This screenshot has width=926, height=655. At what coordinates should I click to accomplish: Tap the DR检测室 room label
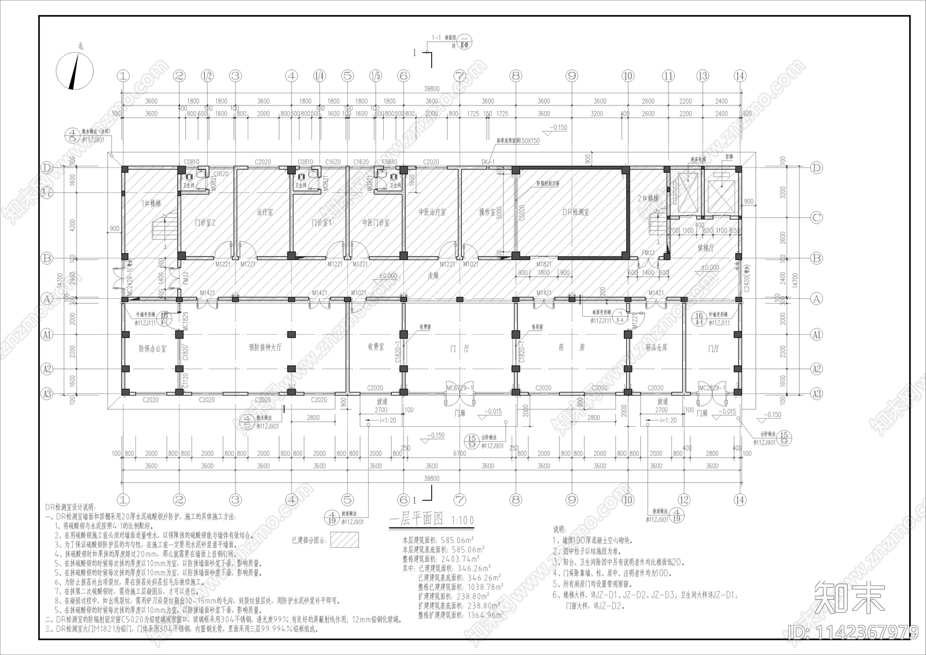[575, 212]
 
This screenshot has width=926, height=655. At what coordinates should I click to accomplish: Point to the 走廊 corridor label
[432, 276]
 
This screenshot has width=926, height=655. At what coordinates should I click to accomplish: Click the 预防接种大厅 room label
[265, 348]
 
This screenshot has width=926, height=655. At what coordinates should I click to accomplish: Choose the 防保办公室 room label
[152, 349]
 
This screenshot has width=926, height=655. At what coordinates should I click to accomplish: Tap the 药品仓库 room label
[656, 347]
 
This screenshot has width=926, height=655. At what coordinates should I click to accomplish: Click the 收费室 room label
[376, 347]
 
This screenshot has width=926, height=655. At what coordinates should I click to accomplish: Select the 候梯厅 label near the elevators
[706, 248]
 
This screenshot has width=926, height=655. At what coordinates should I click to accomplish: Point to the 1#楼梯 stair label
[152, 203]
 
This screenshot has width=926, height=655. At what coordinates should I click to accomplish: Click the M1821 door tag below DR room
[543, 264]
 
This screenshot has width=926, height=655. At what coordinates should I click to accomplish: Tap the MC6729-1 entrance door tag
[460, 387]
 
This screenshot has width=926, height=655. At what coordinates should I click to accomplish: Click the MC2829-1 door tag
[712, 387]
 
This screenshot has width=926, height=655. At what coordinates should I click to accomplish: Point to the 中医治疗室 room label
[432, 212]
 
